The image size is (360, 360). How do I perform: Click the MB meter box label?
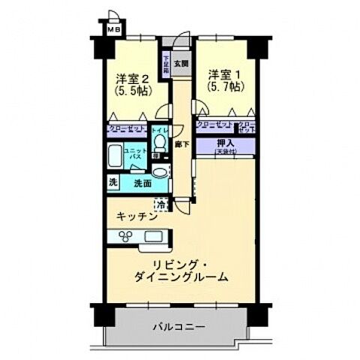(x=112, y=30)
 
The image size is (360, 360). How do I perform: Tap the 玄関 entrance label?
(x=181, y=64)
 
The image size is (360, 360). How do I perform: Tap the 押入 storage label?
(x=225, y=142)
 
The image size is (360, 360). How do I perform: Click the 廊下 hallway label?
(x=180, y=142)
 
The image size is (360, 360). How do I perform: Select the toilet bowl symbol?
(x=159, y=147)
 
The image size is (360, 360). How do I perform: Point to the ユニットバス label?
(x=135, y=155)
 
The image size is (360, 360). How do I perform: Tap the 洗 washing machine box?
(x=112, y=182)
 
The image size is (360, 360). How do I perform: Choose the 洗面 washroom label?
(x=142, y=182)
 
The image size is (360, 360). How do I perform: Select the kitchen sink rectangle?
(x=153, y=237)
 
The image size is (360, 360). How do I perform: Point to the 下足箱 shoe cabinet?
(x=167, y=60)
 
